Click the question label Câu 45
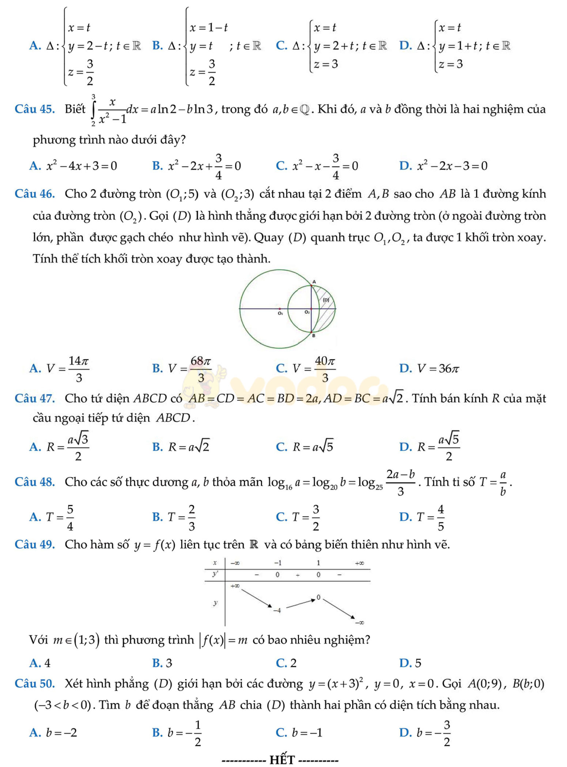[x=35, y=109]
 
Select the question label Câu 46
[x=35, y=193]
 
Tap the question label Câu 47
[x=35, y=398]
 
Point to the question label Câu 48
[x=35, y=482]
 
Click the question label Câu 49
[x=35, y=544]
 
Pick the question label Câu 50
[x=35, y=683]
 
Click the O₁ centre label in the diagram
[x=280, y=313]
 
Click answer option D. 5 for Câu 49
[x=411, y=663]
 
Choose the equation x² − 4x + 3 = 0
[x=81, y=166]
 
